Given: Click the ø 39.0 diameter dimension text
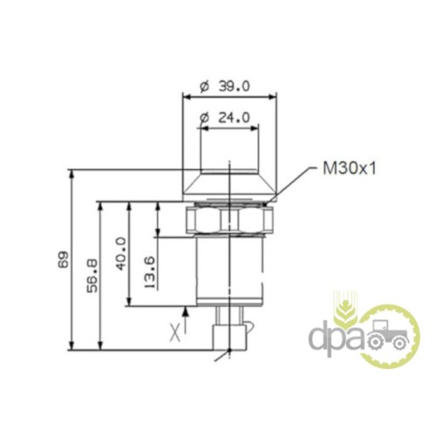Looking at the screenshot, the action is pos(225,86).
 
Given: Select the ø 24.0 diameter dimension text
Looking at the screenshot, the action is pos(225,118).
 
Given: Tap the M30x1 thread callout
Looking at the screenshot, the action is pos(350,168).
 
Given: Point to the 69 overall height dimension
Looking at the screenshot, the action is pos(64,259).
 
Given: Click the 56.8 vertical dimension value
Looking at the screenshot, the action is pos(93,276).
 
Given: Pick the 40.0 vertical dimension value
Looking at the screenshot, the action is pos(121,254).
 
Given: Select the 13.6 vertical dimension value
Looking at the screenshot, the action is pos(150,272).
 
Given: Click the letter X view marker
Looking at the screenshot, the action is pos(175,333).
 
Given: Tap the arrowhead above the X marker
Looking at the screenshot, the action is pos(186,312).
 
